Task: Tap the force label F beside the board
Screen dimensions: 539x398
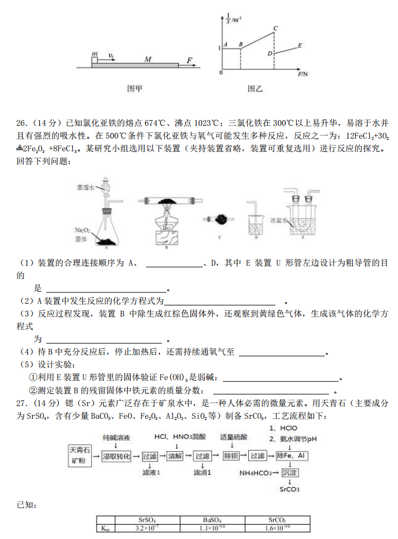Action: point(189,59)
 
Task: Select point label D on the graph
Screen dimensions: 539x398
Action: point(270,53)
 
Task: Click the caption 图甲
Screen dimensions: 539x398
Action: point(134,89)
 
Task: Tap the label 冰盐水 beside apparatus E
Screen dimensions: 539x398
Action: point(278,220)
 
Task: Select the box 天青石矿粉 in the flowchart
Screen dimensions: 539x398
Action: point(79,455)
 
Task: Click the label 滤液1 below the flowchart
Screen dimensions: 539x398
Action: point(151,472)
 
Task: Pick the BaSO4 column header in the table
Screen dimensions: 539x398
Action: point(212,520)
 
